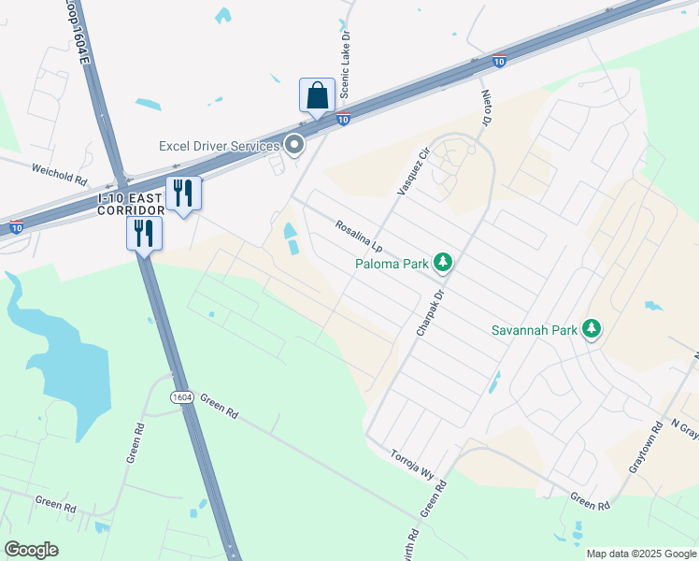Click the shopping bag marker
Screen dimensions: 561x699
[x=317, y=95]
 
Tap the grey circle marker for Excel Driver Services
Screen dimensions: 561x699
[x=295, y=145]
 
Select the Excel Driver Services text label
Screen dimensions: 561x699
[x=220, y=146]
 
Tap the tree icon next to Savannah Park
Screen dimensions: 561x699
[x=591, y=329]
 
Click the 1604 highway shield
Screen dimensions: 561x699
[x=182, y=397]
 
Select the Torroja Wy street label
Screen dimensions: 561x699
[x=413, y=460]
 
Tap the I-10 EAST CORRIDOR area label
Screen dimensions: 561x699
[x=131, y=205]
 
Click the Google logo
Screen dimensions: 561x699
[x=31, y=550]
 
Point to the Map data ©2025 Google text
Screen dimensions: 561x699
[x=640, y=554]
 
